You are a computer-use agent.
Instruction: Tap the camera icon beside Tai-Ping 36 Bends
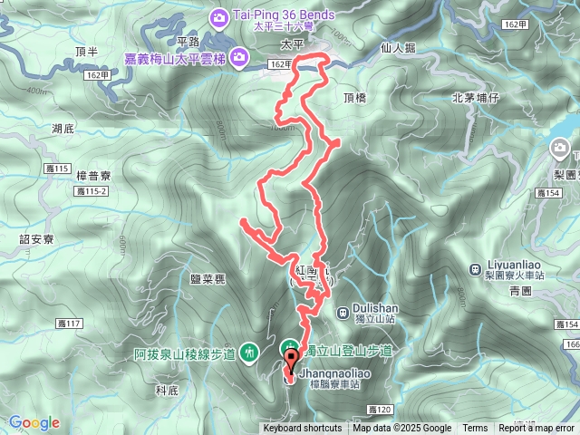pos(220,16)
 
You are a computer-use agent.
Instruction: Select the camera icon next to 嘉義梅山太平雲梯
pos(239,60)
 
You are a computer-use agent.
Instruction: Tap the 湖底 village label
pos(63,129)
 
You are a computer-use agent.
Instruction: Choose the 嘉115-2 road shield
pos(92,192)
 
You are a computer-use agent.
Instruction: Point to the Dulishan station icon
pos(343,314)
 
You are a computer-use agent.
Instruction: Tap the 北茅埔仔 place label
pos(477,97)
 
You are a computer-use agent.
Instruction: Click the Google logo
pos(34,422)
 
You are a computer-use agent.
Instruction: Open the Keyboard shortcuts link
pos(303,429)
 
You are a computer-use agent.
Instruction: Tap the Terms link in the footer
pos(475,429)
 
